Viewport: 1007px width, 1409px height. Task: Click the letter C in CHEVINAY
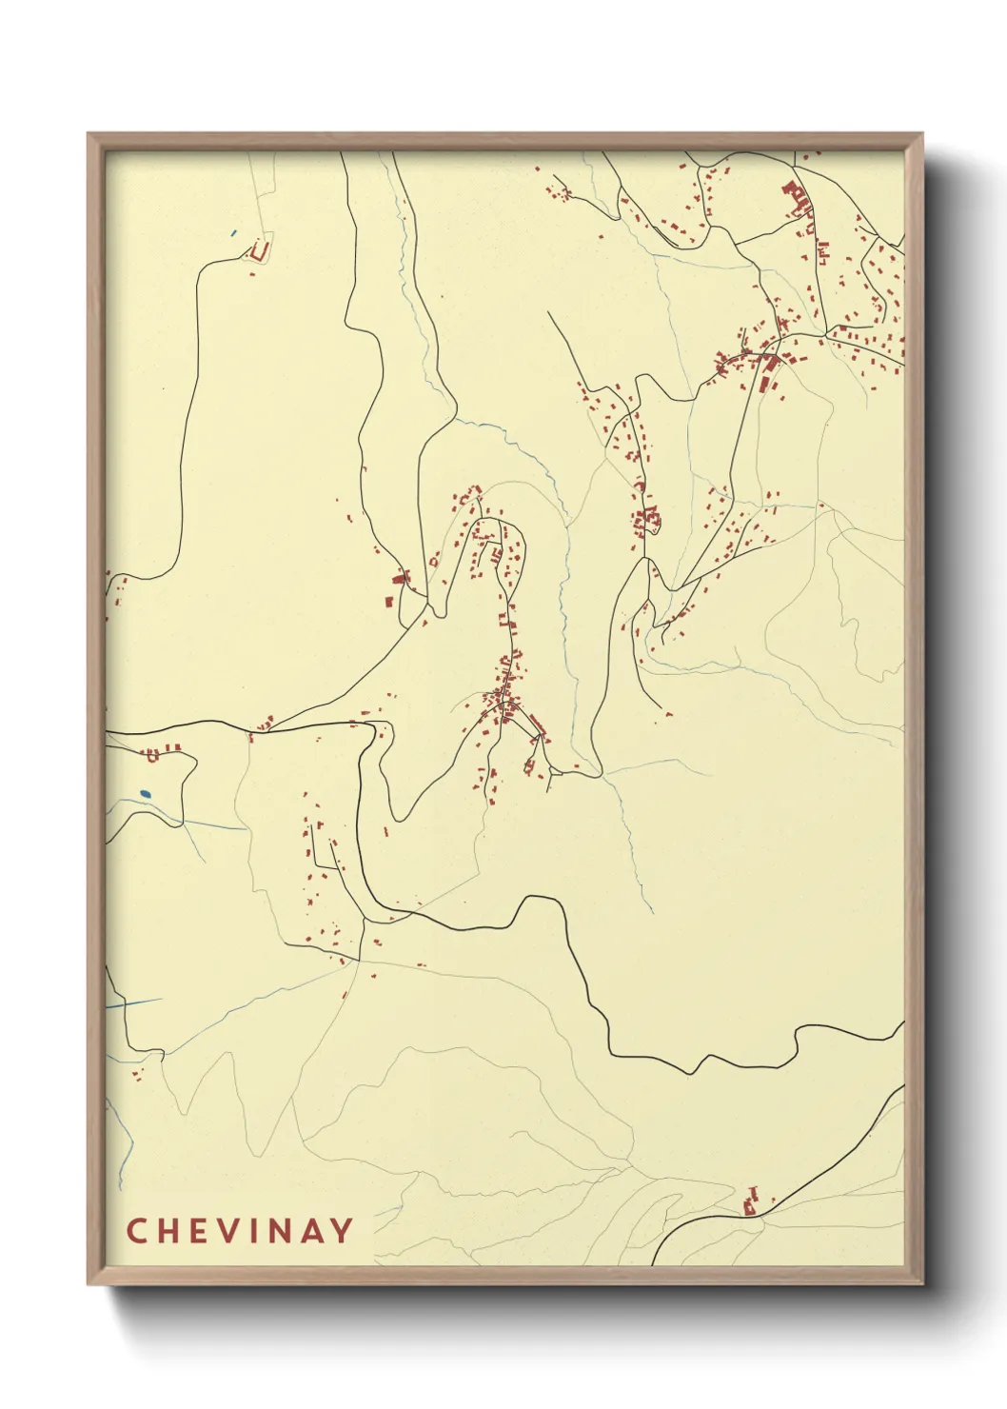coord(135,1231)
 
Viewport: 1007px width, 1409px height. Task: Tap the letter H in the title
coord(167,1231)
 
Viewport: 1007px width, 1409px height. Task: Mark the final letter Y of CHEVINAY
coord(342,1231)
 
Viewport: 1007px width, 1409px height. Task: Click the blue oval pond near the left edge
coord(145,793)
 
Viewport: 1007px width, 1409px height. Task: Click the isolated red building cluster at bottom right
coord(751,1203)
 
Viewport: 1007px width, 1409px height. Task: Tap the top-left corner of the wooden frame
coord(89,134)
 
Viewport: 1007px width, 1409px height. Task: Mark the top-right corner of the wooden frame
coord(922,134)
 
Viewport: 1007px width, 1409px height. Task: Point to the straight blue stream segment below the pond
coord(133,1003)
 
